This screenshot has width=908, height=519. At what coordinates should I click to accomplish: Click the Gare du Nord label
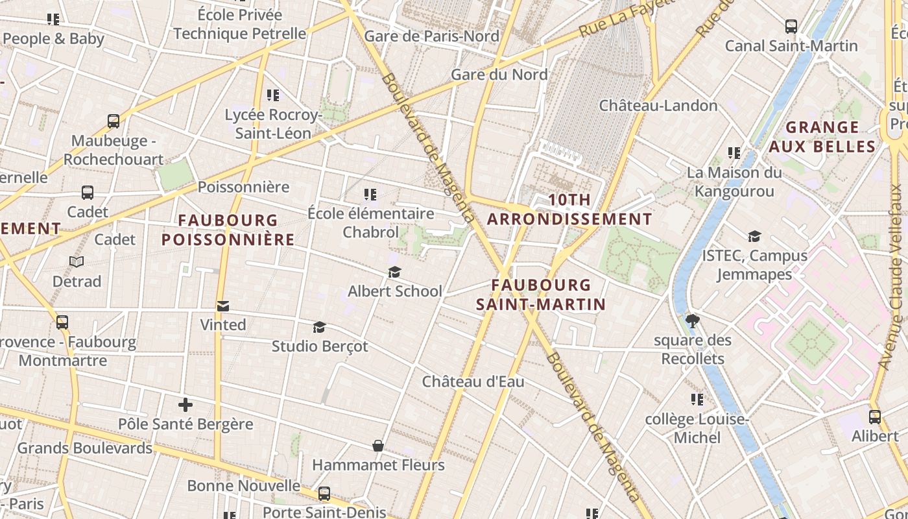pos(499,75)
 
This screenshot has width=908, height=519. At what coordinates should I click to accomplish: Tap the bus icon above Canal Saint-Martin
pos(791,27)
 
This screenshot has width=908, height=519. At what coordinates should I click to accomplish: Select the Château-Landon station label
pos(658,106)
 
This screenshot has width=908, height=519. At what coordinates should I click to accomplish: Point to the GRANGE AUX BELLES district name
pos(822,136)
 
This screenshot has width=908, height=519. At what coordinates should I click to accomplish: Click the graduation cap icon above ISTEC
pos(754,236)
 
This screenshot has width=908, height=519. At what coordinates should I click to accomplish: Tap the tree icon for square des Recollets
pos(692,320)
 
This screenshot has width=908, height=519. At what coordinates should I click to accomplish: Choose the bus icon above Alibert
pos(874,416)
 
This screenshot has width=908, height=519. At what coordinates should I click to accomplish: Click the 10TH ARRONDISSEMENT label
pos(569,210)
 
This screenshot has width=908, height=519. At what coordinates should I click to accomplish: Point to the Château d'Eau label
pos(473,381)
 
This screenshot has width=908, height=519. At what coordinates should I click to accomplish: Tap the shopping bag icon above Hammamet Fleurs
pos(378,446)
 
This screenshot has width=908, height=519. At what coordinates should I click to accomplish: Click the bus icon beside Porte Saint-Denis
pos(324,494)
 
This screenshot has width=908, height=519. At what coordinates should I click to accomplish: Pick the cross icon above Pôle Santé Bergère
pos(185,405)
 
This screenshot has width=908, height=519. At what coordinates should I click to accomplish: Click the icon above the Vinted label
pos(223,306)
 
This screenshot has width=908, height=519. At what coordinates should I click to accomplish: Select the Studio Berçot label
pos(319,346)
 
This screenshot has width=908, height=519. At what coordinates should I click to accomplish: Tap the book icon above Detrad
pos(77,261)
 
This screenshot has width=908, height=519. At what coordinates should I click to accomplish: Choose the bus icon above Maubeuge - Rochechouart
pos(113,121)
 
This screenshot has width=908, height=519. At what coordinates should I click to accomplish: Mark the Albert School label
pos(394,291)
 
